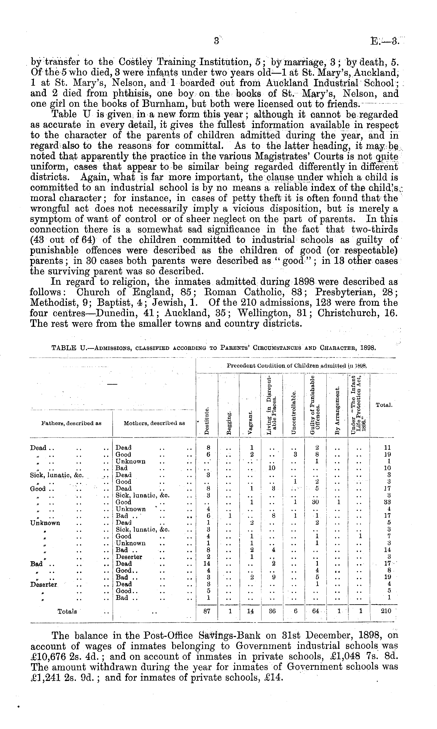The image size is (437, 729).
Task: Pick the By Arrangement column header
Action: click(337, 410)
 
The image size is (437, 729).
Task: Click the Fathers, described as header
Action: click(71, 424)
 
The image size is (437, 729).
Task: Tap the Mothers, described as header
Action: click(154, 424)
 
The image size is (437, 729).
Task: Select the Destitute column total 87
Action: click(207, 611)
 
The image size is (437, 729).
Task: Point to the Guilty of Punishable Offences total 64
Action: click(315, 611)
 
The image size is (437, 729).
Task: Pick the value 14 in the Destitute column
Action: click(207, 564)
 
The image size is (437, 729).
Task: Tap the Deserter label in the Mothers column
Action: click(129, 557)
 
